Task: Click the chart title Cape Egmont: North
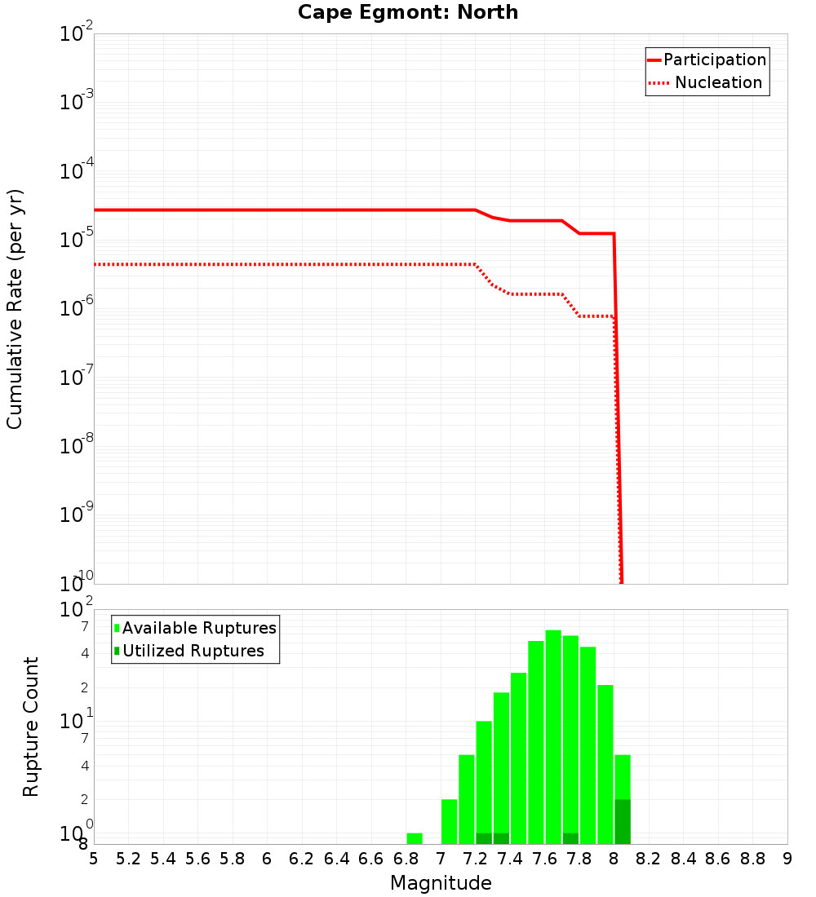(x=407, y=12)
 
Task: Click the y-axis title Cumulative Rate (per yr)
(x=15, y=309)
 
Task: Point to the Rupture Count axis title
(x=31, y=726)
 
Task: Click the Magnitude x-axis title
(x=441, y=883)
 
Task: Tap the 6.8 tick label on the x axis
(x=406, y=859)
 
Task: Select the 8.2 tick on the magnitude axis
(x=649, y=859)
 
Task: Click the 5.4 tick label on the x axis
(x=162, y=859)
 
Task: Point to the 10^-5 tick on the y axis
(x=76, y=240)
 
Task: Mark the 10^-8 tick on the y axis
(x=76, y=446)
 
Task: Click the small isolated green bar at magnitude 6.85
(x=415, y=838)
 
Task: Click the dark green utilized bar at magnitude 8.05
(x=623, y=822)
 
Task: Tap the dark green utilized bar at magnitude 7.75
(x=570, y=838)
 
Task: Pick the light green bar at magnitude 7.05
(x=449, y=822)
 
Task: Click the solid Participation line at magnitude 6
(x=267, y=210)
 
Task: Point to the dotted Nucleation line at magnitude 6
(x=267, y=264)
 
